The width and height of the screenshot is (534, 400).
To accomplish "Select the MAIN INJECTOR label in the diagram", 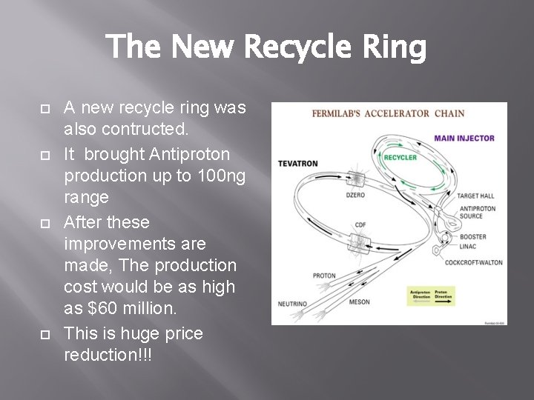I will [x=464, y=138].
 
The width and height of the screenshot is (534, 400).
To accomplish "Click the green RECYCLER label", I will [x=400, y=157].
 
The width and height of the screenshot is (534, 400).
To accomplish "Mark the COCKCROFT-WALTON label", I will [x=473, y=262].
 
